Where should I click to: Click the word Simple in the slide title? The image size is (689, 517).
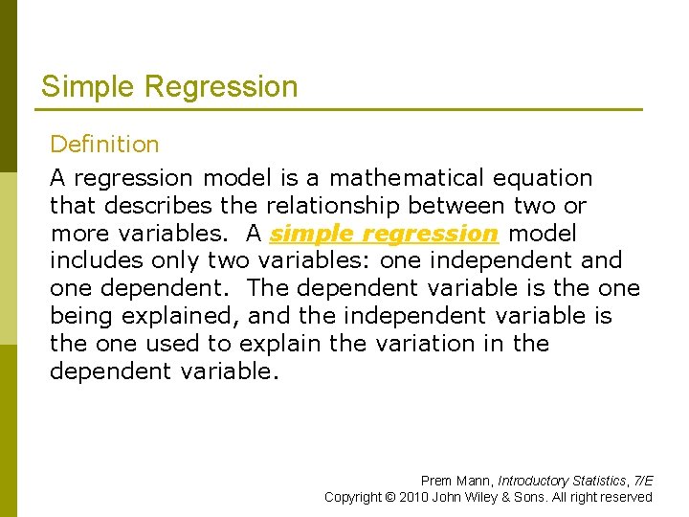point(89,87)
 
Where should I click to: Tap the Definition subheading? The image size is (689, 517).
point(104,145)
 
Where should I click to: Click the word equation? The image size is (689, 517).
point(543,178)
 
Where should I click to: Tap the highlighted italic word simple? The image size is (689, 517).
point(311,234)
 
